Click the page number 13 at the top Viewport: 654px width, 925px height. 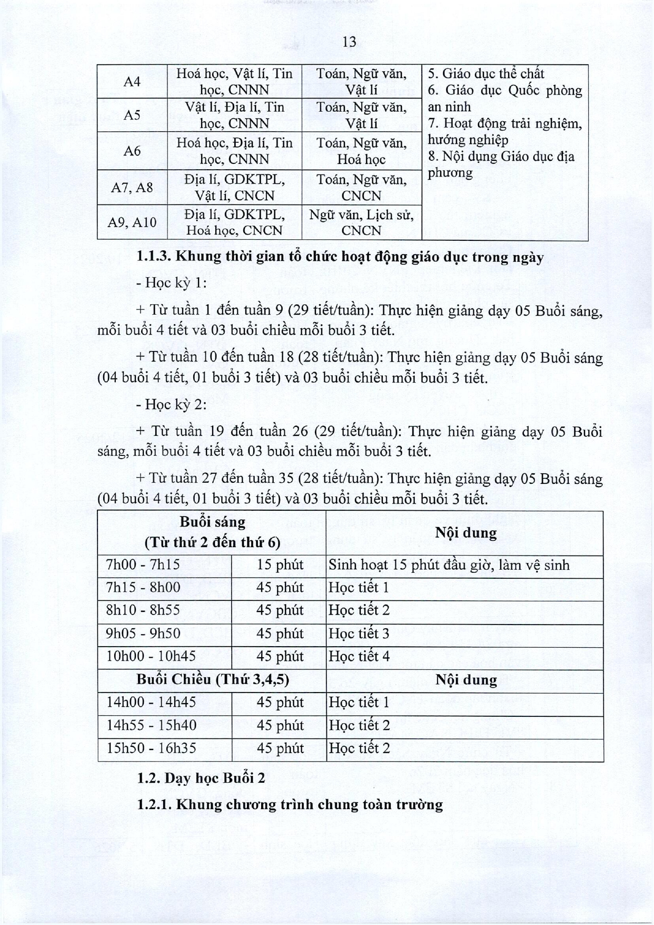[349, 42]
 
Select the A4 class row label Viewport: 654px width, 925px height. [132, 82]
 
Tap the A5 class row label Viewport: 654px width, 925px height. [132, 115]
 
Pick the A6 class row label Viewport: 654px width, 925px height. [132, 151]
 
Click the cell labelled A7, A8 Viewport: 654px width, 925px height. [132, 187]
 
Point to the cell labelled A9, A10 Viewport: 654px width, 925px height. [132, 222]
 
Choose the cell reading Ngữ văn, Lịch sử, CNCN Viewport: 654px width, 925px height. [361, 222]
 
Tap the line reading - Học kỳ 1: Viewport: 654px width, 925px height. [171, 283]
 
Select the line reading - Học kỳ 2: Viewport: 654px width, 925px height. [171, 404]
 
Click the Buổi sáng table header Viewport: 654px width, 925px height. [212, 532]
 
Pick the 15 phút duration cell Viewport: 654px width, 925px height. [280, 565]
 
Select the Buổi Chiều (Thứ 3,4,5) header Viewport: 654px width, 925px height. [212, 679]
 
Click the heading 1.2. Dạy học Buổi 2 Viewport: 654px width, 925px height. [201, 778]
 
